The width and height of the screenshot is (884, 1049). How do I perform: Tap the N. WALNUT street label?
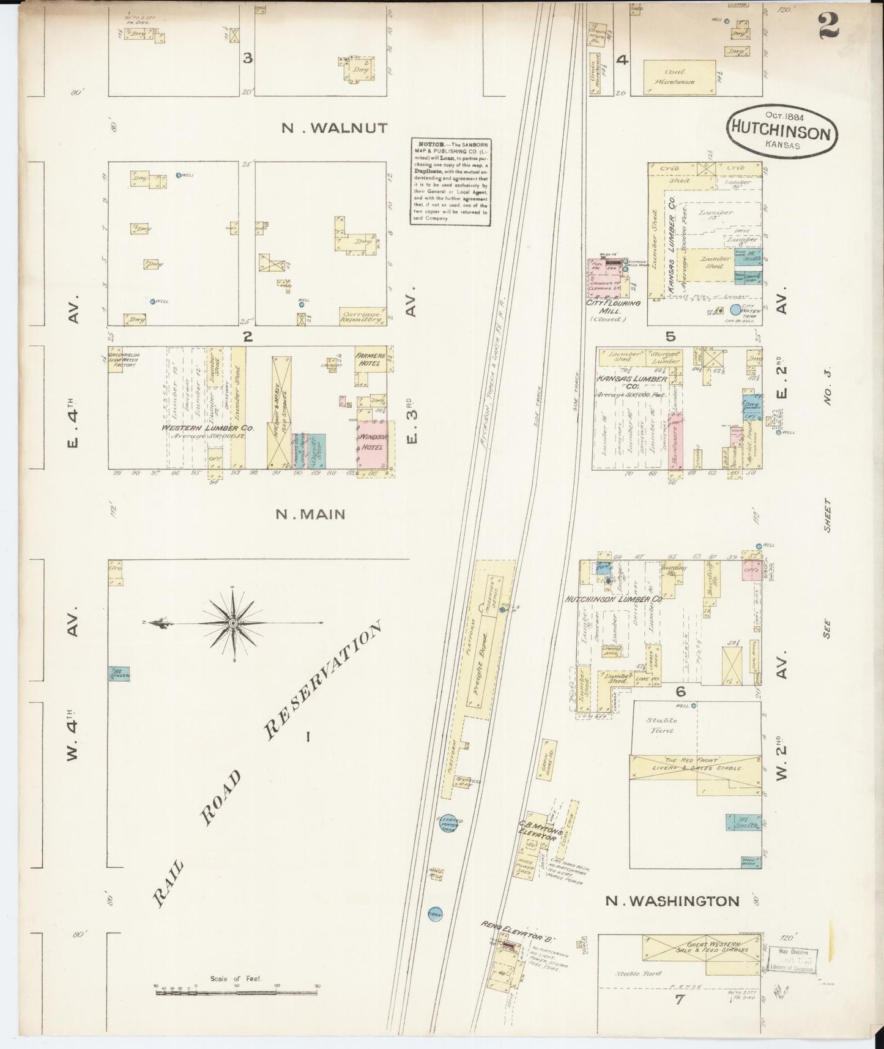click(334, 128)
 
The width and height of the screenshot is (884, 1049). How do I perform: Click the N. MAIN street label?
click(310, 514)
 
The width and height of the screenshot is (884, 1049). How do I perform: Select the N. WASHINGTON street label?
click(672, 901)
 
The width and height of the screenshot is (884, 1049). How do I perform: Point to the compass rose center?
click(233, 623)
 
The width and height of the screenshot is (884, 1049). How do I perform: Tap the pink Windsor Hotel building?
click(371, 446)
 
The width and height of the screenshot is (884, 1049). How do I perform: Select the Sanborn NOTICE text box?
click(450, 181)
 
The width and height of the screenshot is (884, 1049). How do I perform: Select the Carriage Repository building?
click(362, 315)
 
